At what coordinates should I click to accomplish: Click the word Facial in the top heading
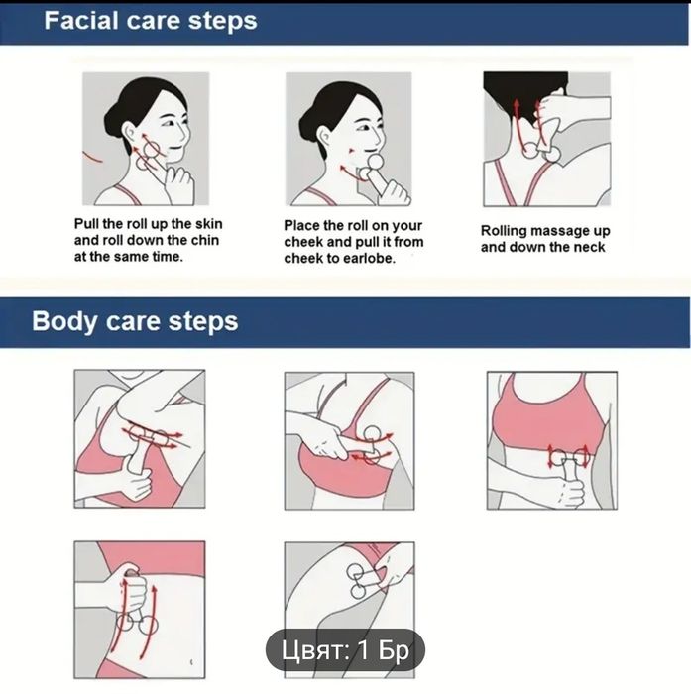point(81,21)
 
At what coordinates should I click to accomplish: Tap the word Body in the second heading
point(64,321)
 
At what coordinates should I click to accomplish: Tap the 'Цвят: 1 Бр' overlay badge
point(345,650)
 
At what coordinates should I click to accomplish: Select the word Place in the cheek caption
point(302,225)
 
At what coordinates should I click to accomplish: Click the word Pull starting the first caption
point(86,223)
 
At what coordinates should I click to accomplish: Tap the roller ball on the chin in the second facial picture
point(376,161)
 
